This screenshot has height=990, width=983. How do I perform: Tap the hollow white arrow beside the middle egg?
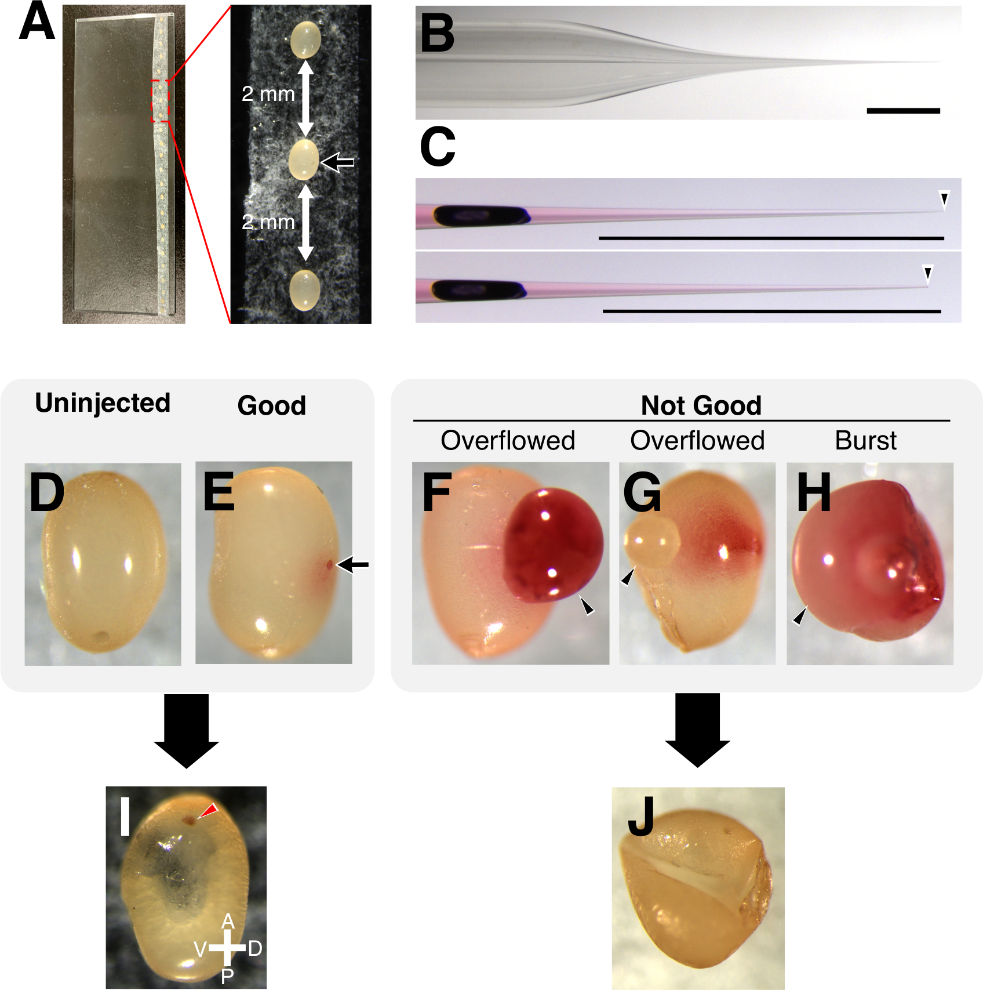click(338, 162)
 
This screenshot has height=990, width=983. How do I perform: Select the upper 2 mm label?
click(268, 93)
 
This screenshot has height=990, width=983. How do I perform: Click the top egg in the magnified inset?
click(305, 39)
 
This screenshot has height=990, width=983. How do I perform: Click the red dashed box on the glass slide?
click(161, 101)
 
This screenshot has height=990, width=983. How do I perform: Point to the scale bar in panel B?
click(903, 110)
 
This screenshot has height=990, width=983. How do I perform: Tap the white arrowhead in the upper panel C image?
click(944, 201)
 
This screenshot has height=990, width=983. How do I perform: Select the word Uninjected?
click(103, 402)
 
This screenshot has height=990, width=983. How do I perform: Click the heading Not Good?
click(701, 405)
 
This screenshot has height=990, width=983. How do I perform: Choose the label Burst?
click(865, 441)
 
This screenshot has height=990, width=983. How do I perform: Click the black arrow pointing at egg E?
click(353, 564)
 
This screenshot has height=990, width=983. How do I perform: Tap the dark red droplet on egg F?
click(552, 545)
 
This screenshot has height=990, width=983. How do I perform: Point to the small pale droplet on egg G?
click(651, 542)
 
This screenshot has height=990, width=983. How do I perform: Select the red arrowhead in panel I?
click(207, 811)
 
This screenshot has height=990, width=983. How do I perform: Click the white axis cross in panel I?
click(227, 948)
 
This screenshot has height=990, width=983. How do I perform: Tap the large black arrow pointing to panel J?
click(697, 729)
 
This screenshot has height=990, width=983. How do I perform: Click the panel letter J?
click(641, 816)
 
